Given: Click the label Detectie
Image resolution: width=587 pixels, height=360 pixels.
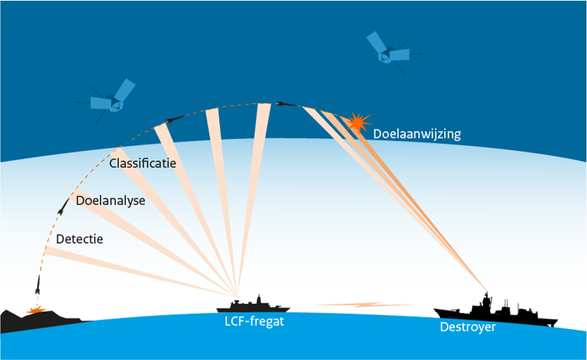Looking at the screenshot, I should pos(79,239).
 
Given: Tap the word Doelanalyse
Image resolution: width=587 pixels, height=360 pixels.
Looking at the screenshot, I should pos(110,201).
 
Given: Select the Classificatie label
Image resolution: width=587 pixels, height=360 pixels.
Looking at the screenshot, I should pos(142,163).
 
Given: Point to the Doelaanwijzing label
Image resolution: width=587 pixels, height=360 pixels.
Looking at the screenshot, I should pos(417,133).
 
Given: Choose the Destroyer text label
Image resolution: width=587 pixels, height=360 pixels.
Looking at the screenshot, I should pos(467,327).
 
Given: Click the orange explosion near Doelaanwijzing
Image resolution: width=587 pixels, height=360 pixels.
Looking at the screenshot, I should pos(359,122).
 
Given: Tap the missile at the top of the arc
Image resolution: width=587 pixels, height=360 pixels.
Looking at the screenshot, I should pos(283,104).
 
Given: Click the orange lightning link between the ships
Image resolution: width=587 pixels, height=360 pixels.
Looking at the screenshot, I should pos(364,305).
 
